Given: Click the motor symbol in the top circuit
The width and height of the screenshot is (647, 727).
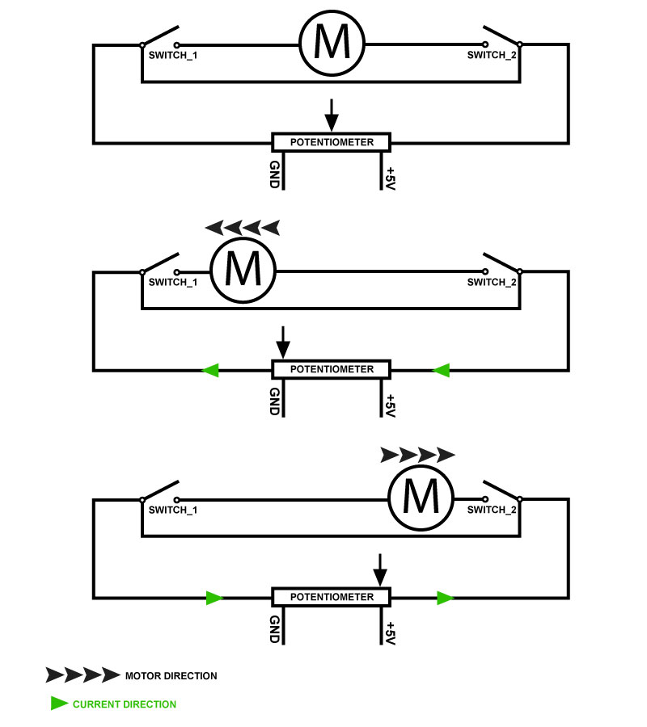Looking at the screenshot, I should coord(332,44).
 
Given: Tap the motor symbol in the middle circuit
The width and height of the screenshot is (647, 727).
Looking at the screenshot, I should coord(243,271).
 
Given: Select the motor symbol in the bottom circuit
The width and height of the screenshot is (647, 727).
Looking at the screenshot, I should coord(421,498).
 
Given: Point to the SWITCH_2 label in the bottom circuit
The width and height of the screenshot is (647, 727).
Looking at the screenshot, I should coord(492,510).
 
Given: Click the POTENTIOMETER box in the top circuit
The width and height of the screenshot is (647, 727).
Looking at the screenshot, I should coord(332,142).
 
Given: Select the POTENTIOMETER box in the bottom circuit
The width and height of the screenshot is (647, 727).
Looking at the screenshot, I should coord(332,597).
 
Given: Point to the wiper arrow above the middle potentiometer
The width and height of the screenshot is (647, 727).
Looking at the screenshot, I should coord(282,342).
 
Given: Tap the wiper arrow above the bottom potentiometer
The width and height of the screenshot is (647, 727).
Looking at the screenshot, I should coord(380,570).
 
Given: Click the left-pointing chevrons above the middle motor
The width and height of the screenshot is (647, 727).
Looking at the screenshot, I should coord(243,228).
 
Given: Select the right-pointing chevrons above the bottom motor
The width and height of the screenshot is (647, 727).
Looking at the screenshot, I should coord(417,455).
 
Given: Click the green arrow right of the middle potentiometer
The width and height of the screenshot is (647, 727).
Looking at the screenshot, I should coord(441,370).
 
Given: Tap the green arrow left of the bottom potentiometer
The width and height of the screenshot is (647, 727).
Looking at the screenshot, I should coord(214,598).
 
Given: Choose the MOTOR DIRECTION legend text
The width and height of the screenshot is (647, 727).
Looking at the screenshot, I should coord(171,675).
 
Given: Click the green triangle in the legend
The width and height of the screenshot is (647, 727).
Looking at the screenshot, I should coord(59,704).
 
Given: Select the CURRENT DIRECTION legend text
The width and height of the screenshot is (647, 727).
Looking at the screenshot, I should coord(125,704).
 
